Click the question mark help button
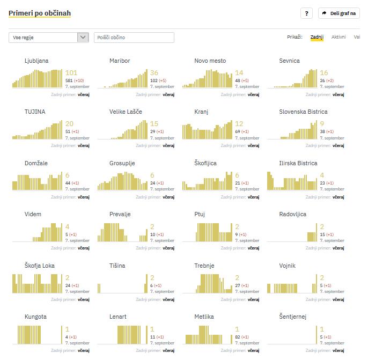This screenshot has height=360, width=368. pyautogui.click(x=306, y=13)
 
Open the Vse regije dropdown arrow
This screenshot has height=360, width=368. pyautogui.click(x=83, y=38)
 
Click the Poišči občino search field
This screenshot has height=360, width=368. pyautogui.click(x=134, y=38)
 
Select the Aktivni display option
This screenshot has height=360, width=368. pyautogui.click(x=338, y=37)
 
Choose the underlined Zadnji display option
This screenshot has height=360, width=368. pyautogui.click(x=317, y=37)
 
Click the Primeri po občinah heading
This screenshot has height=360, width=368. pyautogui.click(x=40, y=13)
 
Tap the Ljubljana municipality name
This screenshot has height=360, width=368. pyautogui.click(x=36, y=61)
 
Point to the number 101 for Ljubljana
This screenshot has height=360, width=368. pyautogui.click(x=71, y=73)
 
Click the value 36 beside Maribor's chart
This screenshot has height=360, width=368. pyautogui.click(x=154, y=73)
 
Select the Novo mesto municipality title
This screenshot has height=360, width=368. pyautogui.click(x=210, y=61)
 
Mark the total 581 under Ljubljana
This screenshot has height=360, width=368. pyautogui.click(x=69, y=80)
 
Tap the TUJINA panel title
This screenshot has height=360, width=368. pyautogui.click(x=35, y=112)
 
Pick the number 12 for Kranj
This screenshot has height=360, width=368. pyautogui.click(x=239, y=124)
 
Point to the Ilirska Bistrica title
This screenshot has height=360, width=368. pyautogui.click(x=298, y=163)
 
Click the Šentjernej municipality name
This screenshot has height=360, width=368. pyautogui.click(x=292, y=317)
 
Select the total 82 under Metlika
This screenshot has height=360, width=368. pyautogui.click(x=238, y=337)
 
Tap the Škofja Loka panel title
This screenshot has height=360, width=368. pyautogui.click(x=40, y=266)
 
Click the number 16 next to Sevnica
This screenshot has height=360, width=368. pyautogui.click(x=324, y=73)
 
